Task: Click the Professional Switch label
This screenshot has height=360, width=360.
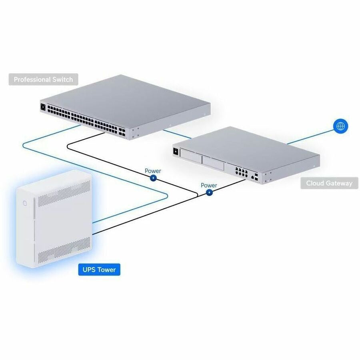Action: [43, 80]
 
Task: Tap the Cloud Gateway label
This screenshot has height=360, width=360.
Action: [329, 183]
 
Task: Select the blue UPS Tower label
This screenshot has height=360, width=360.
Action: [99, 270]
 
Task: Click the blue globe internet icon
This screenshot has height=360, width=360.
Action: [340, 126]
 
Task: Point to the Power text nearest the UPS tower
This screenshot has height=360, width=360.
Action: [153, 171]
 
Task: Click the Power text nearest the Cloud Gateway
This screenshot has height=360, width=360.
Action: [209, 185]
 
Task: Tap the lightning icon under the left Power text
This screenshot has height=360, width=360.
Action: [153, 178]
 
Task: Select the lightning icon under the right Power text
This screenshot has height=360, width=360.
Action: [209, 192]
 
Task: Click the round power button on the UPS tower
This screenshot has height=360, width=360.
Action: [25, 203]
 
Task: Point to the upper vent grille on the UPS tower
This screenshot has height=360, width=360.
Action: [64, 193]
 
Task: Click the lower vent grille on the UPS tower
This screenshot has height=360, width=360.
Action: [64, 250]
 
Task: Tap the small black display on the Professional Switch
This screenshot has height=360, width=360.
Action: [43, 107]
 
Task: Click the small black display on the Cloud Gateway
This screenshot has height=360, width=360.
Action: [176, 151]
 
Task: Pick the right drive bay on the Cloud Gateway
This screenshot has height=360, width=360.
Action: [213, 160]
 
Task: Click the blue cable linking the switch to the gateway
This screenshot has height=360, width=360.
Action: [177, 134]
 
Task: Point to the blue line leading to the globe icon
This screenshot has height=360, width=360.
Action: [310, 137]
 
